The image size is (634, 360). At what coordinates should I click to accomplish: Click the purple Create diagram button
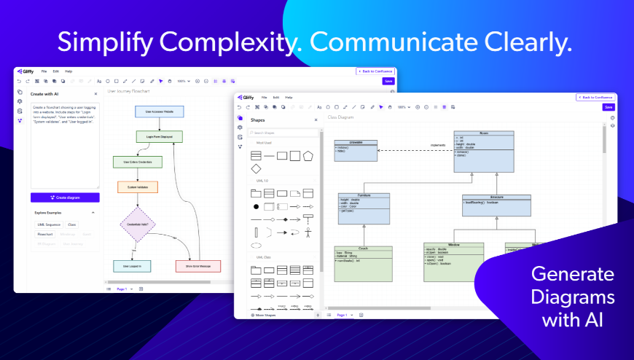point(65,197)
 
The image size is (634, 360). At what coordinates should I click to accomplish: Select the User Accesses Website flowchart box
point(159,111)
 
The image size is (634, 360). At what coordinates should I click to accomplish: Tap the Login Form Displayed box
point(159,136)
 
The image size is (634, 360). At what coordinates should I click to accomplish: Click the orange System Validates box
point(138,187)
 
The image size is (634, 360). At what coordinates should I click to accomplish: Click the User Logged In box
point(132,266)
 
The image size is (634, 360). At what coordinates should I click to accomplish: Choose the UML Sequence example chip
point(48,224)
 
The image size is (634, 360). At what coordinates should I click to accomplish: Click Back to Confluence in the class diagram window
point(595,97)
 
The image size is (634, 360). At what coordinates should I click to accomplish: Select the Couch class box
point(363,263)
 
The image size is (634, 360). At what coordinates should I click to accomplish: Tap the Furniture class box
point(364,208)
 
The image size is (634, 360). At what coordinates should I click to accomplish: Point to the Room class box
point(484,151)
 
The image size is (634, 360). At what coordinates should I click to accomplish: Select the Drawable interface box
point(356,149)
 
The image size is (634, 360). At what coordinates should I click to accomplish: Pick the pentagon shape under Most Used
point(308,155)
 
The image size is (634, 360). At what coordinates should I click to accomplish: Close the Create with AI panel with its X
point(95,94)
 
